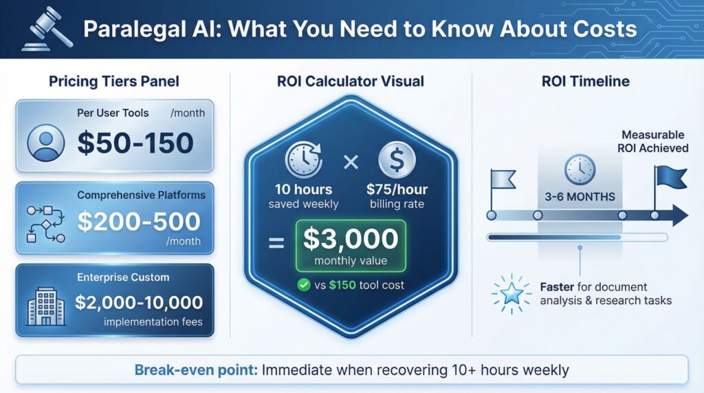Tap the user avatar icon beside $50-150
pos(45,143)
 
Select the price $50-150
pos(135,143)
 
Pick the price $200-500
pos(139,221)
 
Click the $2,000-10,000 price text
pos(139,302)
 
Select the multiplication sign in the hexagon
pos(351,163)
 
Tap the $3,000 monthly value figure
pos(351,238)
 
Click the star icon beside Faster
pos(511,293)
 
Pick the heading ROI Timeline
pos(586,81)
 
